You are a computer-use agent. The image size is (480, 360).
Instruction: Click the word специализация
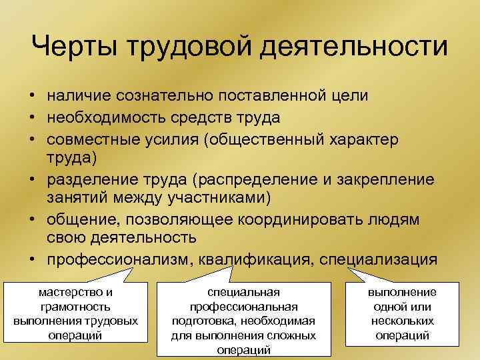click(x=379, y=259)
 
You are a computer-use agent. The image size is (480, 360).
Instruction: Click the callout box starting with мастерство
click(x=75, y=314)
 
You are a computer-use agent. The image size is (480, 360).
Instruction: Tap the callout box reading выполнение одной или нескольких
click(x=402, y=314)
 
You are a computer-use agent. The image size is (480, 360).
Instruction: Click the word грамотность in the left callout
click(x=75, y=307)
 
